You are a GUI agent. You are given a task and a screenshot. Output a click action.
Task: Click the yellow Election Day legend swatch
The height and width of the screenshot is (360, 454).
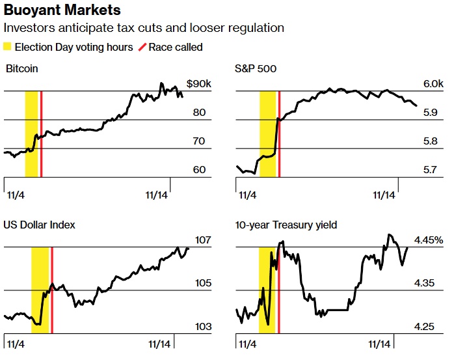[x=8, y=48]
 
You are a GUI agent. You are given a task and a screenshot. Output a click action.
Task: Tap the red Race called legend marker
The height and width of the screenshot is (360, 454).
[x=144, y=48]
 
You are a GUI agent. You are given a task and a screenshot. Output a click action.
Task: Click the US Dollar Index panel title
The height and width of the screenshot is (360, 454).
[x=39, y=225]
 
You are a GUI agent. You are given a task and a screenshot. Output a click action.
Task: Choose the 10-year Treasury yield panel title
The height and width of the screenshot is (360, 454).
[x=286, y=225]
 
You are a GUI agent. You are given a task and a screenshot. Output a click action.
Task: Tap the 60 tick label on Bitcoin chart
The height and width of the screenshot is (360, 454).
[x=199, y=170]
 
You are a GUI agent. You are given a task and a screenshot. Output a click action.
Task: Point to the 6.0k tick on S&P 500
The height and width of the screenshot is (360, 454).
[x=433, y=84]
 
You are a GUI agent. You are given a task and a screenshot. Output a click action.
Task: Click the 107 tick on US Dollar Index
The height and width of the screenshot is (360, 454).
[x=203, y=240]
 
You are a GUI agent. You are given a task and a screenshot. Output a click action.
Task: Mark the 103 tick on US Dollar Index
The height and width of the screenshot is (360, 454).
[x=203, y=326]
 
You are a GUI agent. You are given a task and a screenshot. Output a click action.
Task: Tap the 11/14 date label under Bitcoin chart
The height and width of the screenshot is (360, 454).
[x=156, y=194]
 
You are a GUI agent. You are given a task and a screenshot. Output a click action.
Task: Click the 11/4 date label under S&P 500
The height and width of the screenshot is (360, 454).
[x=247, y=194]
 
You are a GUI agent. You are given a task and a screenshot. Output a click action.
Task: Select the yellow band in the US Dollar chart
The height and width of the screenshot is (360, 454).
[x=40, y=290]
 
